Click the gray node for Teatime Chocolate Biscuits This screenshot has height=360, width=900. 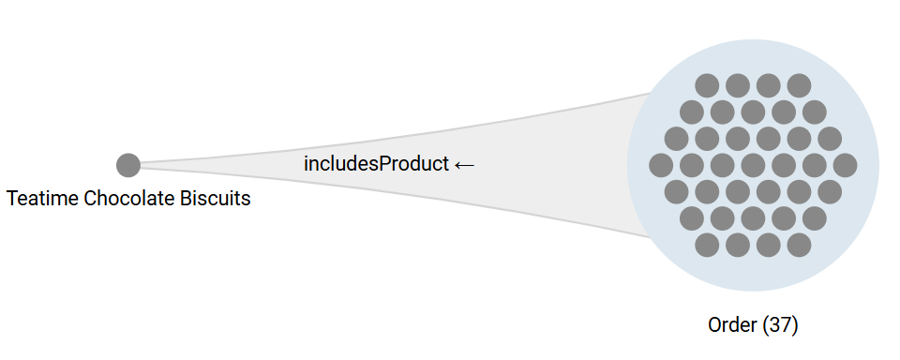pyautogui.click(x=128, y=165)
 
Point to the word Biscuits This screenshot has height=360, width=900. pyautogui.click(x=217, y=199)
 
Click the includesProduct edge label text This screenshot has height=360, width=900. pyautogui.click(x=376, y=163)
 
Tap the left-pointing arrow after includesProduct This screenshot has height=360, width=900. pyautogui.click(x=464, y=164)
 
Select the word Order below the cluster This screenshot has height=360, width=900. pyautogui.click(x=731, y=325)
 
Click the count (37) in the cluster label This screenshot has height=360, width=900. pyautogui.click(x=780, y=325)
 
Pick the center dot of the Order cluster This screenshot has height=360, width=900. pyautogui.click(x=753, y=165)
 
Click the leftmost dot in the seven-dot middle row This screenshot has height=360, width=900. pyautogui.click(x=661, y=165)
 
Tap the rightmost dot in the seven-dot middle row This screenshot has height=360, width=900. pyautogui.click(x=845, y=165)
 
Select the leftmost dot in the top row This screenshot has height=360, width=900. pyautogui.click(x=707, y=85)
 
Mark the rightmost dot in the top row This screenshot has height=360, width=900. pyautogui.click(x=799, y=85)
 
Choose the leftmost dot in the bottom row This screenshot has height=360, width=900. pyautogui.click(x=707, y=245)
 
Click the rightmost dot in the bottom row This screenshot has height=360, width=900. pyautogui.click(x=799, y=245)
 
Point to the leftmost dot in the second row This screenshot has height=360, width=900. pyautogui.click(x=692, y=112)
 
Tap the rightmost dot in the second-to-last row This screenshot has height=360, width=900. pyautogui.click(x=815, y=218)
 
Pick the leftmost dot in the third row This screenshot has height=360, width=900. pyautogui.click(x=676, y=139)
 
